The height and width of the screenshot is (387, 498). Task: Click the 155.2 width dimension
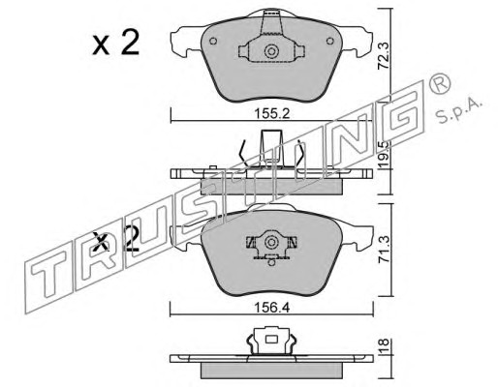click(x=272, y=113)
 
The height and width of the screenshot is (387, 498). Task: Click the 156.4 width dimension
click(x=272, y=308)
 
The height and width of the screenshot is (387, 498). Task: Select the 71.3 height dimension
click(x=384, y=250)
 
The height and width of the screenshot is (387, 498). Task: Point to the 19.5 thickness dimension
click(x=384, y=154)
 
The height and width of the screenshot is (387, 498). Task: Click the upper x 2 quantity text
click(x=115, y=43)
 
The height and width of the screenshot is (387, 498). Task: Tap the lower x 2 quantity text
click(x=115, y=239)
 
